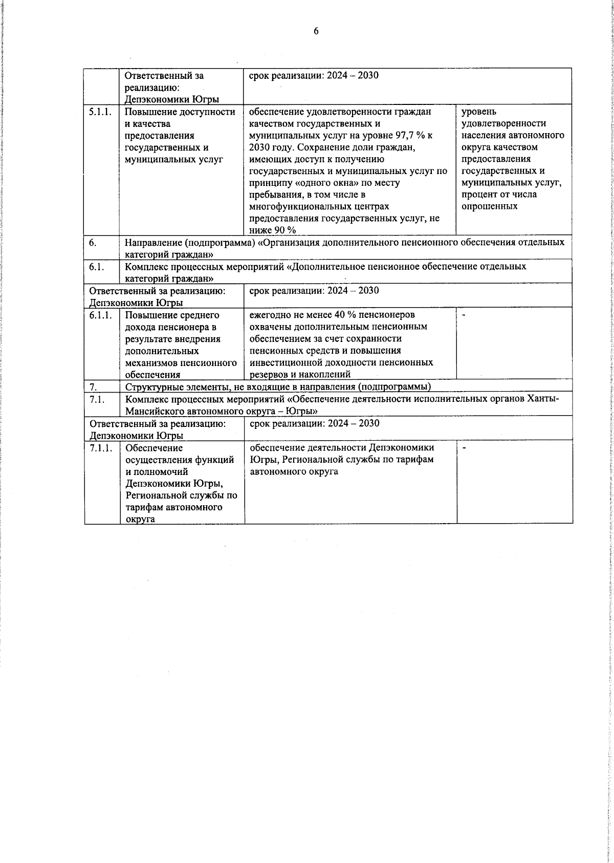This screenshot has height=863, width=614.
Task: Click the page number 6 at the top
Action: [316, 32]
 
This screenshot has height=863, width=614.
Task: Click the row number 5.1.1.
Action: [100, 112]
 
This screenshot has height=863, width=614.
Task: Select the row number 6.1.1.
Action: [100, 315]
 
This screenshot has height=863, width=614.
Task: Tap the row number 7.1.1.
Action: [100, 448]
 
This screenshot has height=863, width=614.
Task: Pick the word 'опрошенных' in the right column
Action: [489, 206]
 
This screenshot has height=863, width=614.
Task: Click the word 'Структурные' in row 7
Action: [150, 386]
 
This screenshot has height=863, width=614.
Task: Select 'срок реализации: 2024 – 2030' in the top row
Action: [314, 76]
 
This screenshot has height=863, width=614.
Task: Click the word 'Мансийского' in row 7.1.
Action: [151, 411]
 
